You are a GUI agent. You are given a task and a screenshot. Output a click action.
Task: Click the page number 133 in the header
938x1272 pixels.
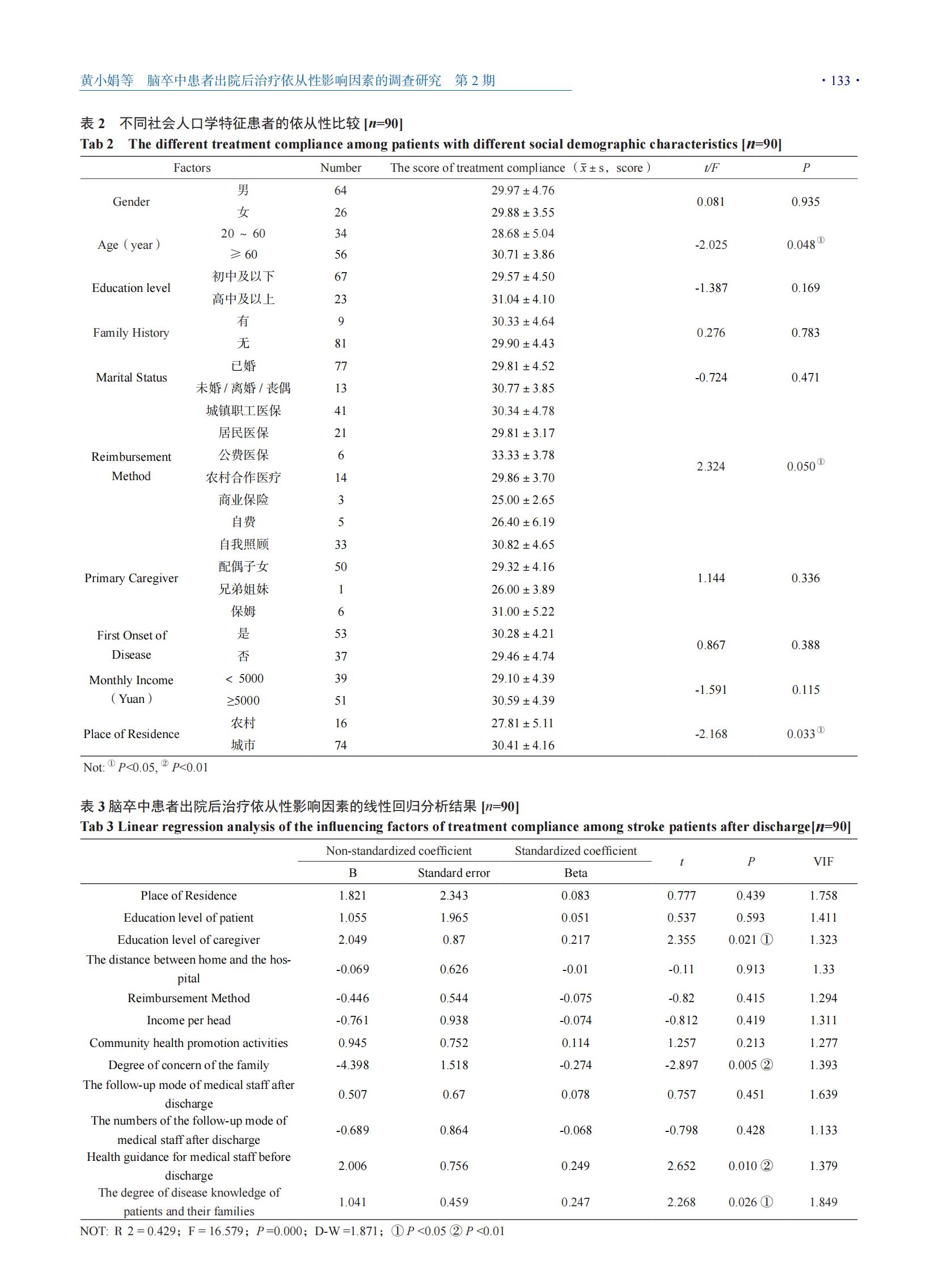tap(840, 80)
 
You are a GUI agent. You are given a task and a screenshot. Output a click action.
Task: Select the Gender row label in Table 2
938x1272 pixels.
tap(131, 201)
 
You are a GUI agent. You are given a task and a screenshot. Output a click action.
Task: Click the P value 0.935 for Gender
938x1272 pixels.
tap(805, 201)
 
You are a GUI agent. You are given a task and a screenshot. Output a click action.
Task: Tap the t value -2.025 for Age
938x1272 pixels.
tap(711, 245)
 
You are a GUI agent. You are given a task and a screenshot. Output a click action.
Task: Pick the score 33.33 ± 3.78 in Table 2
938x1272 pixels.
tap(522, 455)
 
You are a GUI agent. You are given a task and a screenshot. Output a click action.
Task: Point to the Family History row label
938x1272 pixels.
tap(131, 333)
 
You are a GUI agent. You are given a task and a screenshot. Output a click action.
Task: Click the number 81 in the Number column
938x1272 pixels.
tap(341, 344)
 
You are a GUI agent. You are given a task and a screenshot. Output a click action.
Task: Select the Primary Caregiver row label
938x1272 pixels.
tap(131, 578)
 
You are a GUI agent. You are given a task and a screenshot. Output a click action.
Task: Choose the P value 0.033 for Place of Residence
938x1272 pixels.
tap(801, 734)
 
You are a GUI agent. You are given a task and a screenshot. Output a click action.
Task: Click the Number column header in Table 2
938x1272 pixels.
tap(341, 168)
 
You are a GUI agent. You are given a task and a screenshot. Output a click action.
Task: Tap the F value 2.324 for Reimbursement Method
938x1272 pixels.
tap(711, 467)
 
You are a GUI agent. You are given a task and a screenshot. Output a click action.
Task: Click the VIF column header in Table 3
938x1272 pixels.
tap(823, 862)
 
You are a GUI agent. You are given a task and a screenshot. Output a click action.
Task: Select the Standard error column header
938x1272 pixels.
tap(454, 873)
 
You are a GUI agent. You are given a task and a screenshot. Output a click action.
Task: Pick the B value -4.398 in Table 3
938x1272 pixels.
tap(353, 1065)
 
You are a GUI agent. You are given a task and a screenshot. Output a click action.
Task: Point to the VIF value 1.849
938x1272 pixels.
tap(823, 1202)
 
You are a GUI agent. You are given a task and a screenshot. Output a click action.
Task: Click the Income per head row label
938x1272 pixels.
tap(188, 1020)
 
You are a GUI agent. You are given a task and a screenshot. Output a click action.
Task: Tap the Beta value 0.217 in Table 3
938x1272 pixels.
tap(575, 940)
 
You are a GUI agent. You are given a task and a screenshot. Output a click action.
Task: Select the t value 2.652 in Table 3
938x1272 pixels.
tap(681, 1166)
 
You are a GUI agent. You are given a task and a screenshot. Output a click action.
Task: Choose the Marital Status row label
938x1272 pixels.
tap(131, 378)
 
